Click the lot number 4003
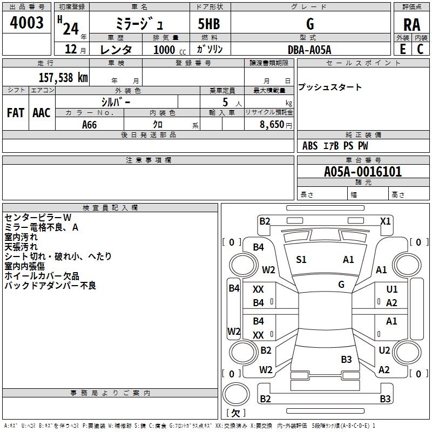click(x=26, y=22)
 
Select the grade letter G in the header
click(x=310, y=24)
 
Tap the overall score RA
click(x=412, y=25)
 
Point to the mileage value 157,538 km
click(x=63, y=77)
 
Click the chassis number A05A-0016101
click(x=363, y=172)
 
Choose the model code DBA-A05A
click(x=309, y=50)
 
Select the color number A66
click(x=89, y=125)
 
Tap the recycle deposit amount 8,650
click(x=272, y=124)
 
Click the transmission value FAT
click(x=16, y=113)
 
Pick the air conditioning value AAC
click(x=42, y=113)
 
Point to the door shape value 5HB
click(x=209, y=24)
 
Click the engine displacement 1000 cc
click(x=170, y=50)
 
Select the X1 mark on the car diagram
click(x=385, y=221)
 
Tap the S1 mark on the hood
click(x=301, y=260)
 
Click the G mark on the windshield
click(x=341, y=284)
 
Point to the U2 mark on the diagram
click(x=384, y=350)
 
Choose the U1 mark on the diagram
click(x=392, y=289)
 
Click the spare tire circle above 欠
click(x=236, y=394)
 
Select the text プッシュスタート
click(x=329, y=87)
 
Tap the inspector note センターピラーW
click(x=38, y=218)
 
